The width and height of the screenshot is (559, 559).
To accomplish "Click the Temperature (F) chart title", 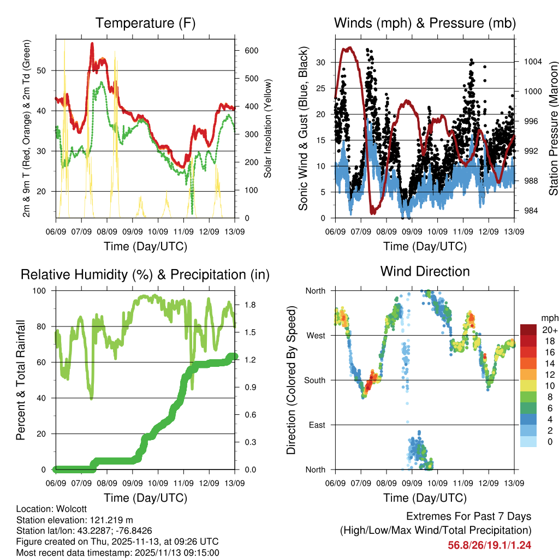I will [145, 23].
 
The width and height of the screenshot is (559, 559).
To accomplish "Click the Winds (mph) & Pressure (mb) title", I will [425, 23].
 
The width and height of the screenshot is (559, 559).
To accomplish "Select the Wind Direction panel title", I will [425, 271].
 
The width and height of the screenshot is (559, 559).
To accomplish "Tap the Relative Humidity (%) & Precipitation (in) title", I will [145, 274].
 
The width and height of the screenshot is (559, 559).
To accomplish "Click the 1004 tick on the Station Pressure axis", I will [532, 62].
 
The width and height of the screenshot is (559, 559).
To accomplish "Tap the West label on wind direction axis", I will [315, 335].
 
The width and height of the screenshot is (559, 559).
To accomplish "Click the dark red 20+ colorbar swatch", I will [528, 330].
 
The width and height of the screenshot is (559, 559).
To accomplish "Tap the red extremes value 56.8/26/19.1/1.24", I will [489, 545].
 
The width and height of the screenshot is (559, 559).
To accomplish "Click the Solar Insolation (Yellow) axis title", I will [268, 129].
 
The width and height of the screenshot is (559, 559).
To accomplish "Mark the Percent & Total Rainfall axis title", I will [21, 373].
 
